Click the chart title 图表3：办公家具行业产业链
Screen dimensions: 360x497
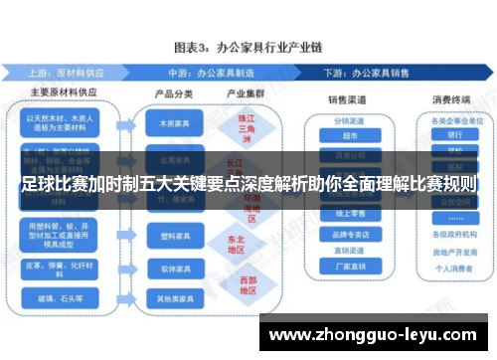tap(248, 47)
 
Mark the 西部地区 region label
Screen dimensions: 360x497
tap(236, 285)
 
